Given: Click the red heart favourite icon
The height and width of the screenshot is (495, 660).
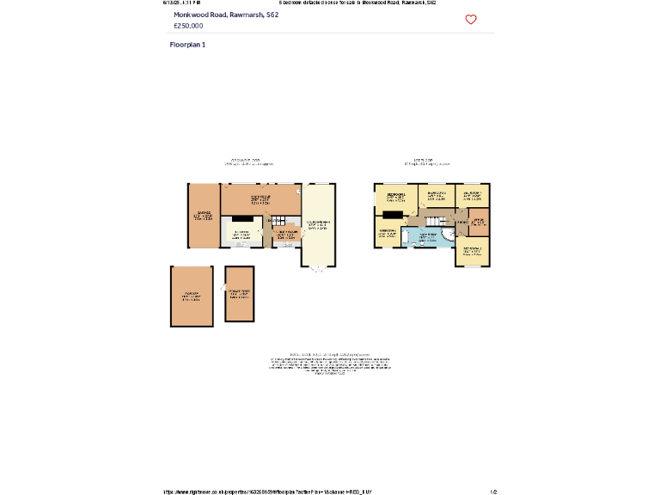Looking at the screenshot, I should [x=471, y=20].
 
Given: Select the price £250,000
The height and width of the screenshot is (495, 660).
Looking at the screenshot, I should [x=188, y=26].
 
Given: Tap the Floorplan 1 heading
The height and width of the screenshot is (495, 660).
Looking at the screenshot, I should [x=187, y=44].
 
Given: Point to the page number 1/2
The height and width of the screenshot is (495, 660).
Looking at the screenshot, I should [x=493, y=492].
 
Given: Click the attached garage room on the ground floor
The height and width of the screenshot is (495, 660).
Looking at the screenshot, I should [x=204, y=216].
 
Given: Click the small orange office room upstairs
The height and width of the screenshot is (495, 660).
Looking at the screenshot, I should [x=479, y=222].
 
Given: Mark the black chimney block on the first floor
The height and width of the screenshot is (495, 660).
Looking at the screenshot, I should [x=393, y=215].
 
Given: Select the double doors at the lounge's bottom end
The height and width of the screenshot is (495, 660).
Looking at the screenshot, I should [x=318, y=269].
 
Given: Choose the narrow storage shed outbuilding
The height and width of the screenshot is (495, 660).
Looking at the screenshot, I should [x=240, y=294].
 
